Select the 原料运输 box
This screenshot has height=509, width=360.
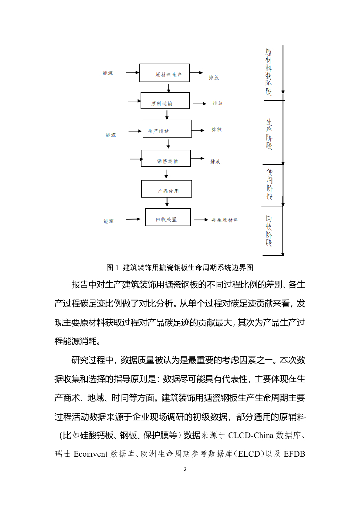pos(166,101)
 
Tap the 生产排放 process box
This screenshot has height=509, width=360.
pos(167,128)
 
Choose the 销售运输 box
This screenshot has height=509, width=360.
pos(166,159)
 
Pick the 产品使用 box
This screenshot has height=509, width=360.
pos(167,189)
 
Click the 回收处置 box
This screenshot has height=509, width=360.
pos(168,217)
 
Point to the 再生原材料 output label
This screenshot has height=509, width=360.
pos(225,220)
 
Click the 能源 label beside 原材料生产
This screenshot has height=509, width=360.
pos(108,73)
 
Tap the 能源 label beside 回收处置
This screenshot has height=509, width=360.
pos(109,220)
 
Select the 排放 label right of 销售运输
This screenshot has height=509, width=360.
pos(215,161)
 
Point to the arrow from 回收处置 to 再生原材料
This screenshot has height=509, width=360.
pos(200,220)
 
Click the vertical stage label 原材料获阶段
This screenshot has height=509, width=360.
pos(269,72)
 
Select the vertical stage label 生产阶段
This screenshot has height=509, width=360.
pos(269,134)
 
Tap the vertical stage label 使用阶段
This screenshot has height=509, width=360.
pos(270,184)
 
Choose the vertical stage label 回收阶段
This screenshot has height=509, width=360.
pos(269,231)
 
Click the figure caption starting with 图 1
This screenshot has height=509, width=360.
pos(180,268)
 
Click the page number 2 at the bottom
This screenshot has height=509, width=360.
pos(184,469)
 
